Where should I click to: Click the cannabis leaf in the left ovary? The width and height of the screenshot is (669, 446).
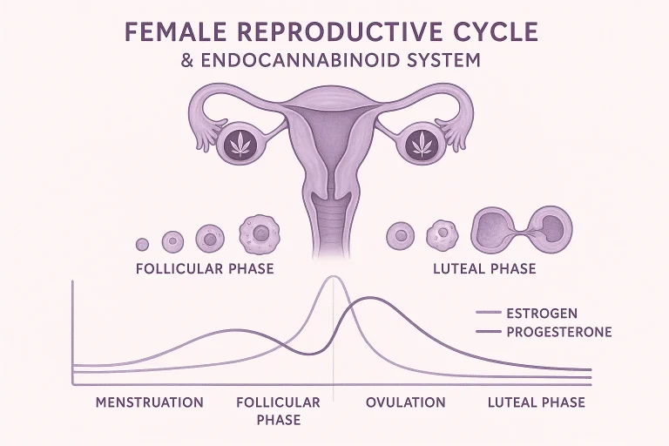[x=240, y=144]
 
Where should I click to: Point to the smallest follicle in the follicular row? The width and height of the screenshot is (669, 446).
[x=142, y=245]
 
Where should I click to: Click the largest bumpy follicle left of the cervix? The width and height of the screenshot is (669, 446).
[x=259, y=233]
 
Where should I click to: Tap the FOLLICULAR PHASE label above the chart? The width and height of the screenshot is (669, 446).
[x=205, y=269]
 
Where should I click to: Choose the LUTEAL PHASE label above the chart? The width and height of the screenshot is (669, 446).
[x=484, y=269]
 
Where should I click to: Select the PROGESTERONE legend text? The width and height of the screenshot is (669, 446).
[x=559, y=332]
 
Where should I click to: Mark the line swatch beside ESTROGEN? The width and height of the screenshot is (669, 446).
[x=488, y=313]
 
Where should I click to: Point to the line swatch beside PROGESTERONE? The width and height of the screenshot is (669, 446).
[x=488, y=331]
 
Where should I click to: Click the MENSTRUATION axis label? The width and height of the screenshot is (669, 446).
[x=149, y=402]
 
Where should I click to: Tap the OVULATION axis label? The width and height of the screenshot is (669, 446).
[x=405, y=402]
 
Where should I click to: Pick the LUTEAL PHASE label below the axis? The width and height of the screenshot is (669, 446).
[x=537, y=402]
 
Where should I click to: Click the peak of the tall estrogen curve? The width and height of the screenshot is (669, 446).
[x=334, y=277]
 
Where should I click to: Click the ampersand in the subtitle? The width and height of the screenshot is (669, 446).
[x=187, y=60]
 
